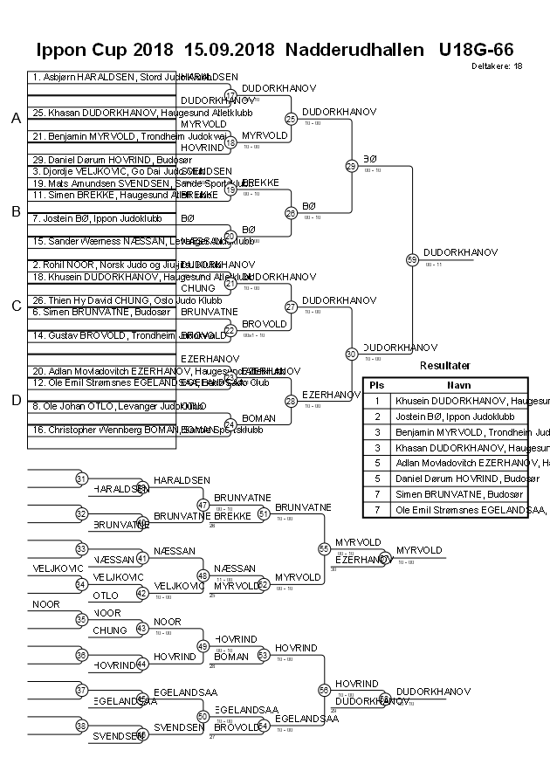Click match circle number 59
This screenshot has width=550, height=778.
pyautogui.click(x=412, y=259)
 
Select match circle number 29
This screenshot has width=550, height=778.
pyautogui.click(x=351, y=166)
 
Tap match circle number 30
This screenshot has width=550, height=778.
pyautogui.click(x=351, y=354)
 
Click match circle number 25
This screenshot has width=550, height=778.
pyautogui.click(x=291, y=119)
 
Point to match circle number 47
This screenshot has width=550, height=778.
pyautogui.click(x=203, y=505)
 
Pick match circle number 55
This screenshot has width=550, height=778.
pyautogui.click(x=325, y=548)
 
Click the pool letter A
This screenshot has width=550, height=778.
pyautogui.click(x=16, y=118)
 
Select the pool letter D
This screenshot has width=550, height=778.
pyautogui.click(x=16, y=400)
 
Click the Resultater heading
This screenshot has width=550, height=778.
pyautogui.click(x=444, y=366)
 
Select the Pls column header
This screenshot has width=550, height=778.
pyautogui.click(x=376, y=384)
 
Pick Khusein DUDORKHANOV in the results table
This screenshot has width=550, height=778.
pyautogui.click(x=462, y=401)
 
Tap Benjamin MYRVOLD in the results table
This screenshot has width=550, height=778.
pyautogui.click(x=462, y=432)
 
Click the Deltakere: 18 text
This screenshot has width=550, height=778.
pyautogui.click(x=497, y=65)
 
